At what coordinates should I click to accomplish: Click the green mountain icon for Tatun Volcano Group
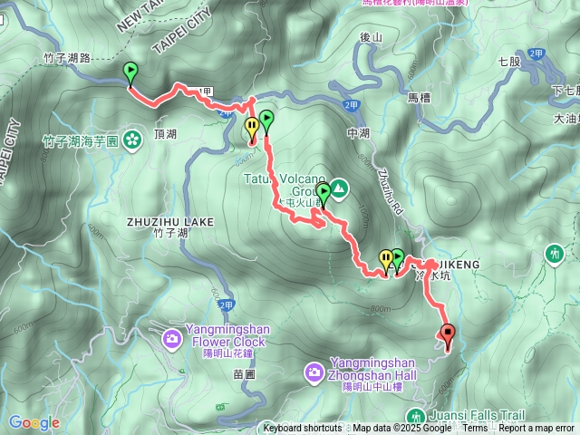pyautogui.click(x=338, y=188)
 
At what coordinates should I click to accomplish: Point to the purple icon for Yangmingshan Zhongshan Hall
pyautogui.click(x=314, y=372)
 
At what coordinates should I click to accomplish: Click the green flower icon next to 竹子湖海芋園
pyautogui.click(x=132, y=140)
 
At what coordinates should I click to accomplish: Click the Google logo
pyautogui.click(x=34, y=422)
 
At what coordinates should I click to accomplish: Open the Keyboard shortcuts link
pyautogui.click(x=303, y=429)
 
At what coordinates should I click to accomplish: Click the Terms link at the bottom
pyautogui.click(x=475, y=429)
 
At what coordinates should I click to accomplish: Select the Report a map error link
pyautogui.click(x=536, y=429)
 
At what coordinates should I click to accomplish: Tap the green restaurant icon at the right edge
pyautogui.click(x=555, y=254)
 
